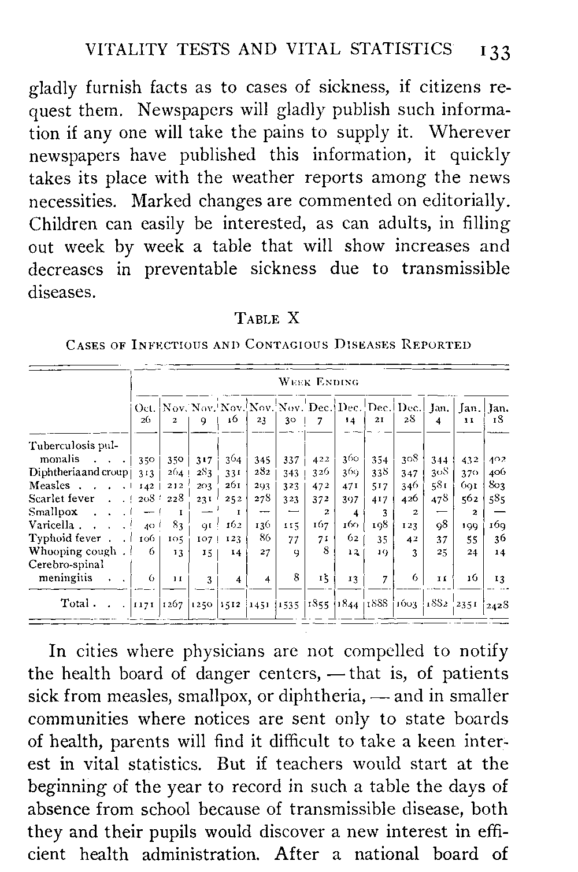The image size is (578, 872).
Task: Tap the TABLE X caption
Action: (266, 318)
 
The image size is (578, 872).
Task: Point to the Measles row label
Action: (49, 485)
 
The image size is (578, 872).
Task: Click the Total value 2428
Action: (496, 605)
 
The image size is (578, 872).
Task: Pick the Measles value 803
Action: (495, 486)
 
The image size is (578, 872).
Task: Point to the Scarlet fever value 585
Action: (495, 499)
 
